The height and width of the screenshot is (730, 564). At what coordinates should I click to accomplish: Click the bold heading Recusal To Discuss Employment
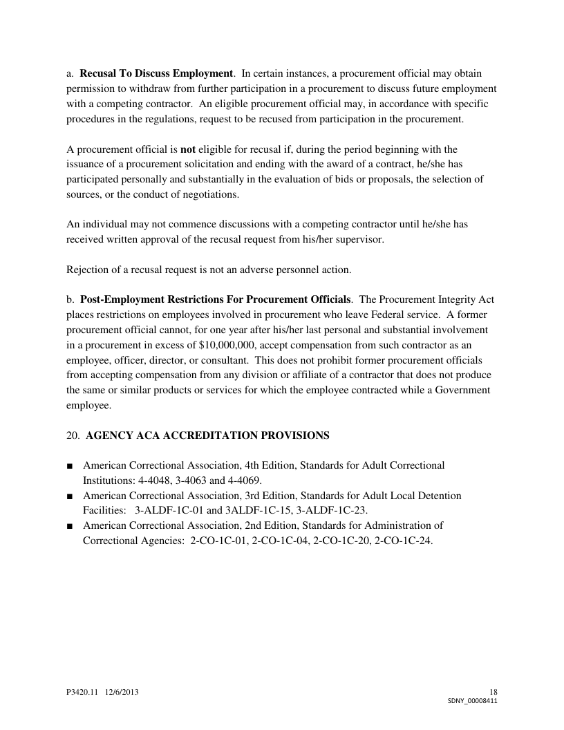point(157,73)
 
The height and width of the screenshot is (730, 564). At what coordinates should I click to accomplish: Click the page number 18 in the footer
point(493,692)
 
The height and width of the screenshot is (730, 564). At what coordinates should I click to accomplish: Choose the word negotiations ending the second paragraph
point(209,194)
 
